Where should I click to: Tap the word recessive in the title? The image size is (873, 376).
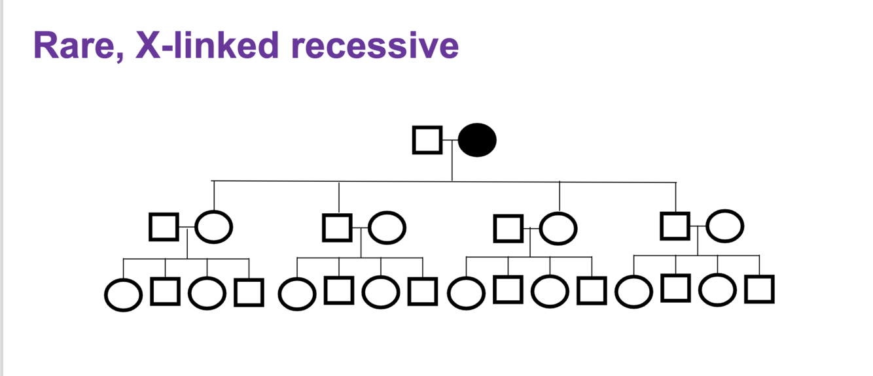click(x=370, y=46)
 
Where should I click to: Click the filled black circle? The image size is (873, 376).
click(x=477, y=140)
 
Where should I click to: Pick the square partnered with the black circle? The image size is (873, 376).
click(x=427, y=140)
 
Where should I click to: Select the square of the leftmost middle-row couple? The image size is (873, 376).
click(x=164, y=227)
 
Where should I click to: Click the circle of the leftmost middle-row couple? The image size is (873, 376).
click(x=214, y=227)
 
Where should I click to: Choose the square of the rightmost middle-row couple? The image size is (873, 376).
click(x=675, y=226)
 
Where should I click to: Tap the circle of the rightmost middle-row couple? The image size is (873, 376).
click(x=725, y=226)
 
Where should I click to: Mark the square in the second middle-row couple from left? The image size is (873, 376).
click(x=337, y=227)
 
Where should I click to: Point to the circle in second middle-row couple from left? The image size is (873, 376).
click(x=387, y=227)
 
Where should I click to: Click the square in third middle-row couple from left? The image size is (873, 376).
click(x=508, y=228)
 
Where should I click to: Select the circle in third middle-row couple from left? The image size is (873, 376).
click(x=558, y=228)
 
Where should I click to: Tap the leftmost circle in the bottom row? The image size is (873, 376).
click(x=123, y=295)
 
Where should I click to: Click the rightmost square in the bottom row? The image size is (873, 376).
click(x=759, y=289)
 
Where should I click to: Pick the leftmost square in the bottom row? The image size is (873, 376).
click(x=165, y=292)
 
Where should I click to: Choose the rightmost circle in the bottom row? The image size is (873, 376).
click(x=717, y=290)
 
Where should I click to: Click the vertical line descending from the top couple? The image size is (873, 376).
click(x=452, y=163)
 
